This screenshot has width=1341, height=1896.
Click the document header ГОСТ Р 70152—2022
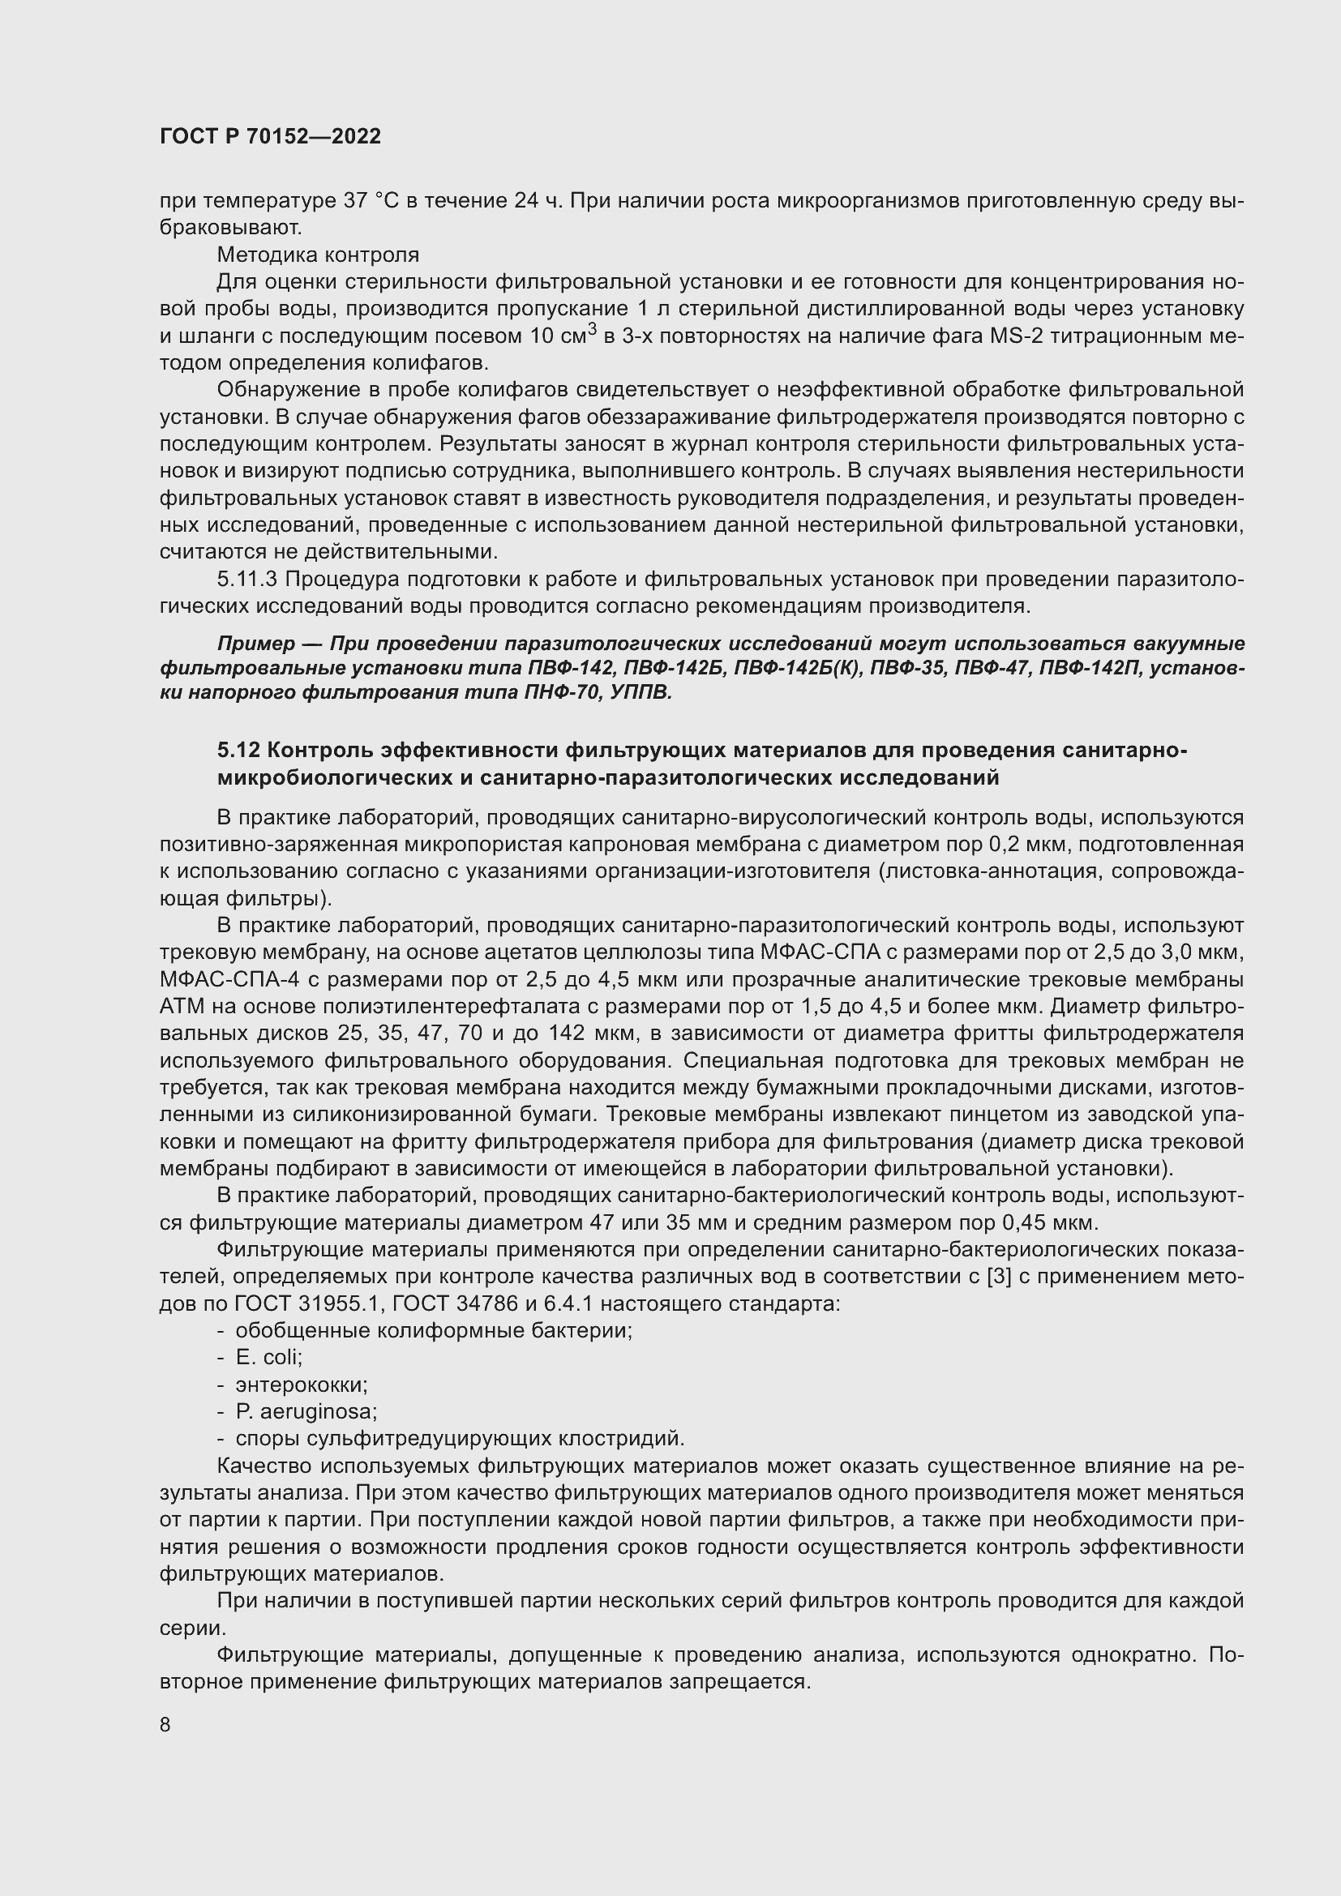pyautogui.click(x=270, y=137)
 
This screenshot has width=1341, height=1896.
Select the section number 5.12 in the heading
pyautogui.click(x=238, y=750)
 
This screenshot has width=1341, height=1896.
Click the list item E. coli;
pyautogui.click(x=269, y=1358)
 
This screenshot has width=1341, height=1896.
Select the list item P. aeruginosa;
pyautogui.click(x=306, y=1411)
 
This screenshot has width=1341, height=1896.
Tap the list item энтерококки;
pyautogui.click(x=302, y=1385)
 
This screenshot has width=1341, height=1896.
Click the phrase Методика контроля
pyautogui.click(x=318, y=255)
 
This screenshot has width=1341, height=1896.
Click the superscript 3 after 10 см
pyautogui.click(x=591, y=328)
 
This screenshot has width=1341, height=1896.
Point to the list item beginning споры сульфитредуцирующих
pyautogui.click(x=460, y=1439)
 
